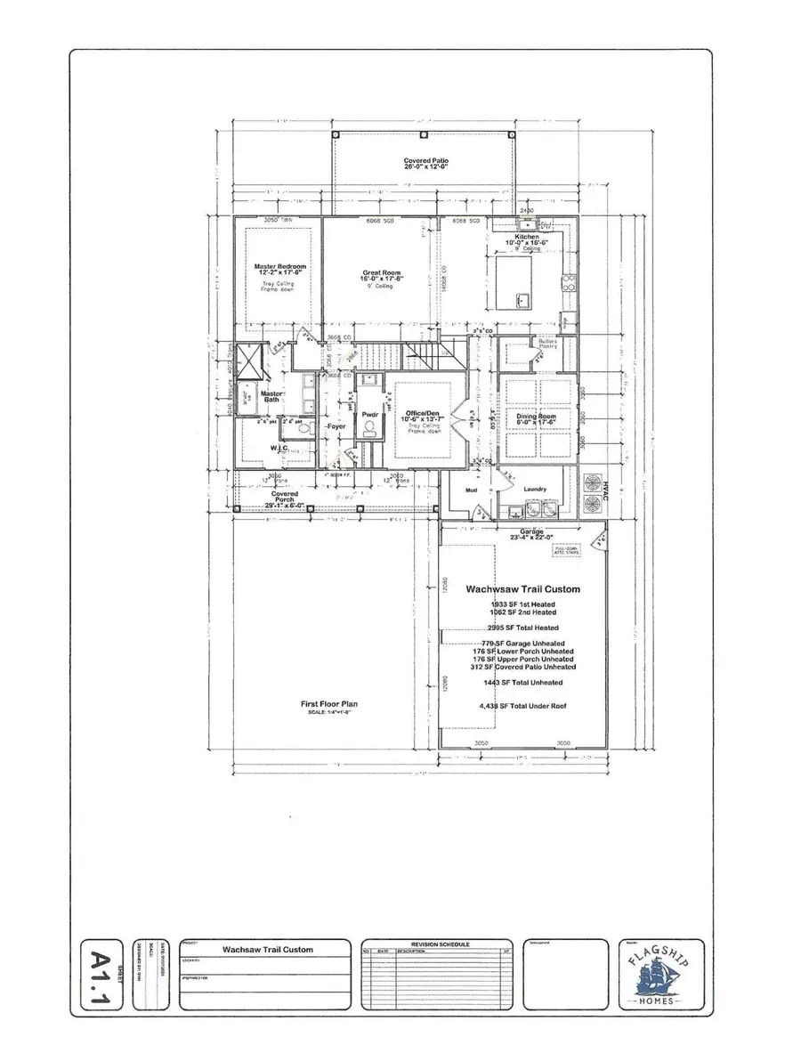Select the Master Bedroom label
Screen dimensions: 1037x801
(277, 265)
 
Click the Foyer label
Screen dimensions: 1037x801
(335, 427)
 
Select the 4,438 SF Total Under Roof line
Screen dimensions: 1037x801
(522, 708)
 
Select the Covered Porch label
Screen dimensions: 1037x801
(285, 498)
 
